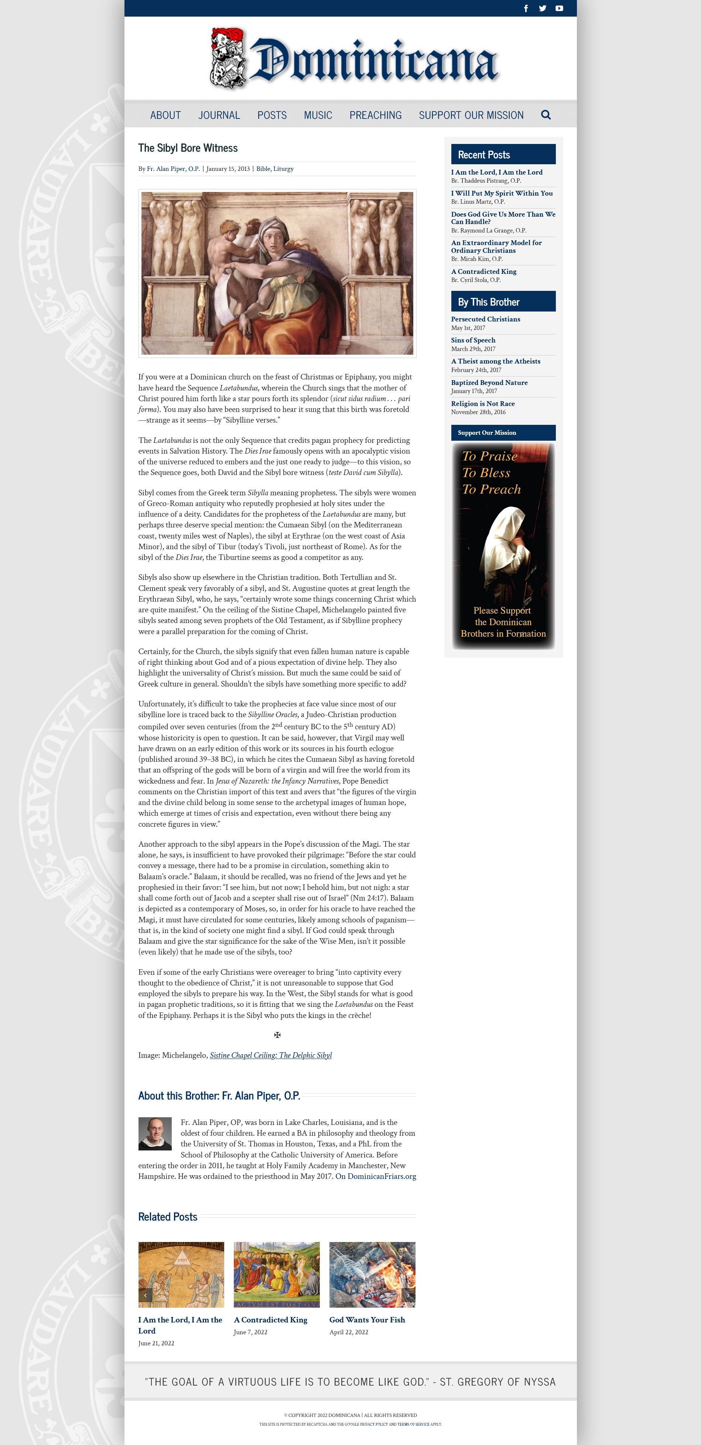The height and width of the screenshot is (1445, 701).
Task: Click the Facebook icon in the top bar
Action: point(526,8)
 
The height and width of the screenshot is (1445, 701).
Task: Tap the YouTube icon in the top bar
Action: point(559,8)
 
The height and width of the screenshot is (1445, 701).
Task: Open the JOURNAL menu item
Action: point(219,115)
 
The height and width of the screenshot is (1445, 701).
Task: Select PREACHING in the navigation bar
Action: point(376,115)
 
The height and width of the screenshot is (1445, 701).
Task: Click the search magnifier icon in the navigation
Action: point(546,115)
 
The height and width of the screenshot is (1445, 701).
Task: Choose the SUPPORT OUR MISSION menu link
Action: point(471,115)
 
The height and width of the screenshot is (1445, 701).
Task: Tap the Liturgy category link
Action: point(283,169)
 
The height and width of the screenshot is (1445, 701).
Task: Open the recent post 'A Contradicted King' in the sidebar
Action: point(483,272)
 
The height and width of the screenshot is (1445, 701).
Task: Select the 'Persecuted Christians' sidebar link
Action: point(485,319)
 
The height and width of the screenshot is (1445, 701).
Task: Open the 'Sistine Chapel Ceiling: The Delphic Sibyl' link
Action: point(270,1055)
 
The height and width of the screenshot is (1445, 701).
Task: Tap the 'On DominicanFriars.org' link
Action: point(376,1176)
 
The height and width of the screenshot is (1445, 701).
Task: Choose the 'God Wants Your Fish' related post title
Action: point(367,1320)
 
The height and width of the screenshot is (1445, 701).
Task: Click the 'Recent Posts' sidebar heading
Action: point(484,155)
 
